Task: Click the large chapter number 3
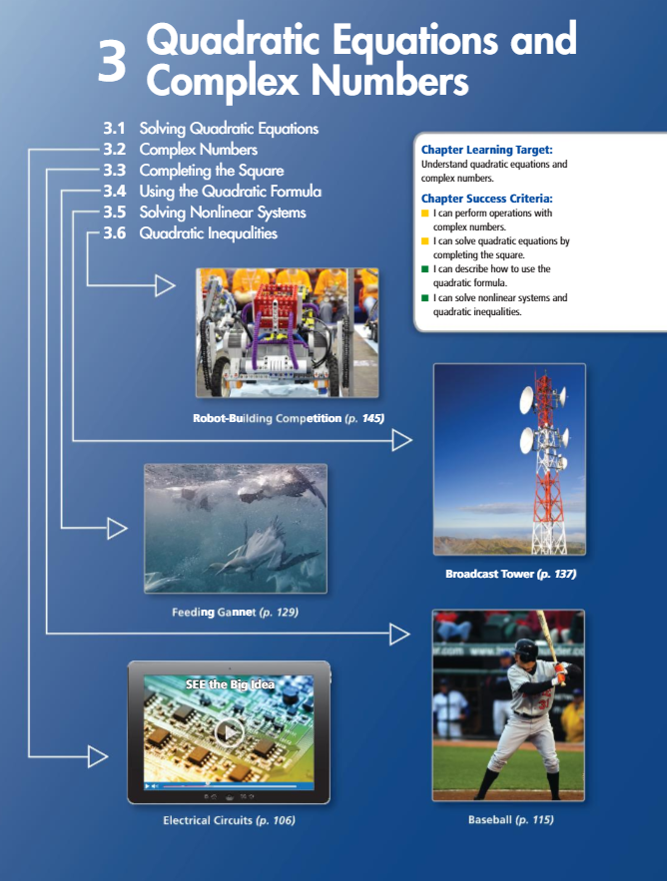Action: point(112,62)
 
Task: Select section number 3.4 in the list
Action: point(119,191)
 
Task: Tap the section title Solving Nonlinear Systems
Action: point(223,212)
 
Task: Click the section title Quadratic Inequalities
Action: point(208,233)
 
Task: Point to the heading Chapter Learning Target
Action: point(494,150)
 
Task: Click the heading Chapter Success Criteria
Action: point(487,199)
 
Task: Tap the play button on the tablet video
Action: point(230,733)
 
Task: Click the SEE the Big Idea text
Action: point(230,684)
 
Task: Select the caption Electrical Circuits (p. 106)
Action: point(230,820)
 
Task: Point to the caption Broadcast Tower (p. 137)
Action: point(510,574)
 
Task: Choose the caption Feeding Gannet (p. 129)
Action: point(235,611)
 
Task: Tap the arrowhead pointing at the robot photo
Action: point(165,287)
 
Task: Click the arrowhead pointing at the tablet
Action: point(97,756)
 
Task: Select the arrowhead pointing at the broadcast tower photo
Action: point(402,439)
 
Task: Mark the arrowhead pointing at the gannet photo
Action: point(117,529)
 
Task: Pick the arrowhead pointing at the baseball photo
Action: point(399,633)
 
